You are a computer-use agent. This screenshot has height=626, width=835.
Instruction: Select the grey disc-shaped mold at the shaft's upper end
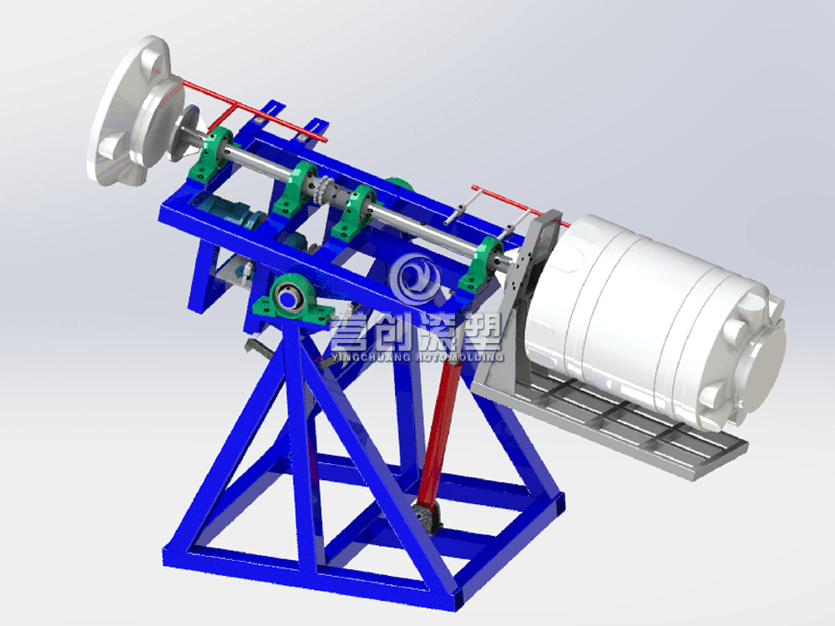click(133, 112)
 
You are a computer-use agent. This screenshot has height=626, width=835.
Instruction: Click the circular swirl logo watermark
click(415, 279)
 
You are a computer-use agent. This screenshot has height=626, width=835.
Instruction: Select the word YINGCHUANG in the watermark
click(372, 356)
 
